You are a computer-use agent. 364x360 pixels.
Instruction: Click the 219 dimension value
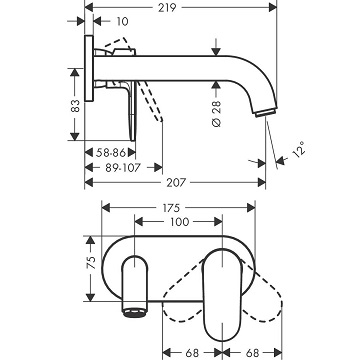(x=167, y=7)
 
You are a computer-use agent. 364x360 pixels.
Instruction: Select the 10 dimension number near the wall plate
(x=123, y=22)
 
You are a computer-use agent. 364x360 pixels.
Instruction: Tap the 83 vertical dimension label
(x=76, y=105)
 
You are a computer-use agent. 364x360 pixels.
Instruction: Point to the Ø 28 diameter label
(x=216, y=114)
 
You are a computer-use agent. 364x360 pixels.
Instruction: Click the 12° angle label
(x=299, y=148)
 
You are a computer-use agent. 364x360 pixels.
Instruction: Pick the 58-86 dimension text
(x=111, y=153)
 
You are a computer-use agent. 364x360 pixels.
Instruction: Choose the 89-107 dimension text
(x=123, y=168)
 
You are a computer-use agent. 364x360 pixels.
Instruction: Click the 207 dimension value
(x=175, y=183)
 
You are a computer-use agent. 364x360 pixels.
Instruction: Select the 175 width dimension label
(x=171, y=208)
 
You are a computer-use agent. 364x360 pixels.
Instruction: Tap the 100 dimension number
(x=179, y=222)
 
